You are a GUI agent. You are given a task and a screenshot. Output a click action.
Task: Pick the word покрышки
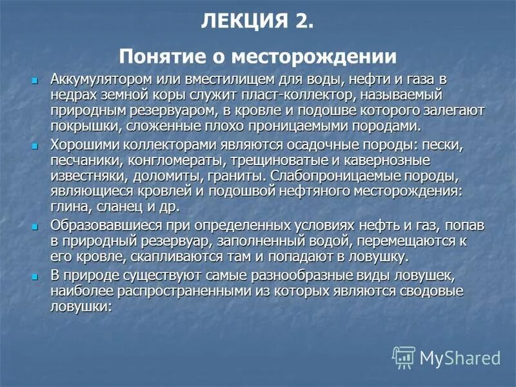(78, 126)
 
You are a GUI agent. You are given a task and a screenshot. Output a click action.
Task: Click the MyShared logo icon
(404, 357)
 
